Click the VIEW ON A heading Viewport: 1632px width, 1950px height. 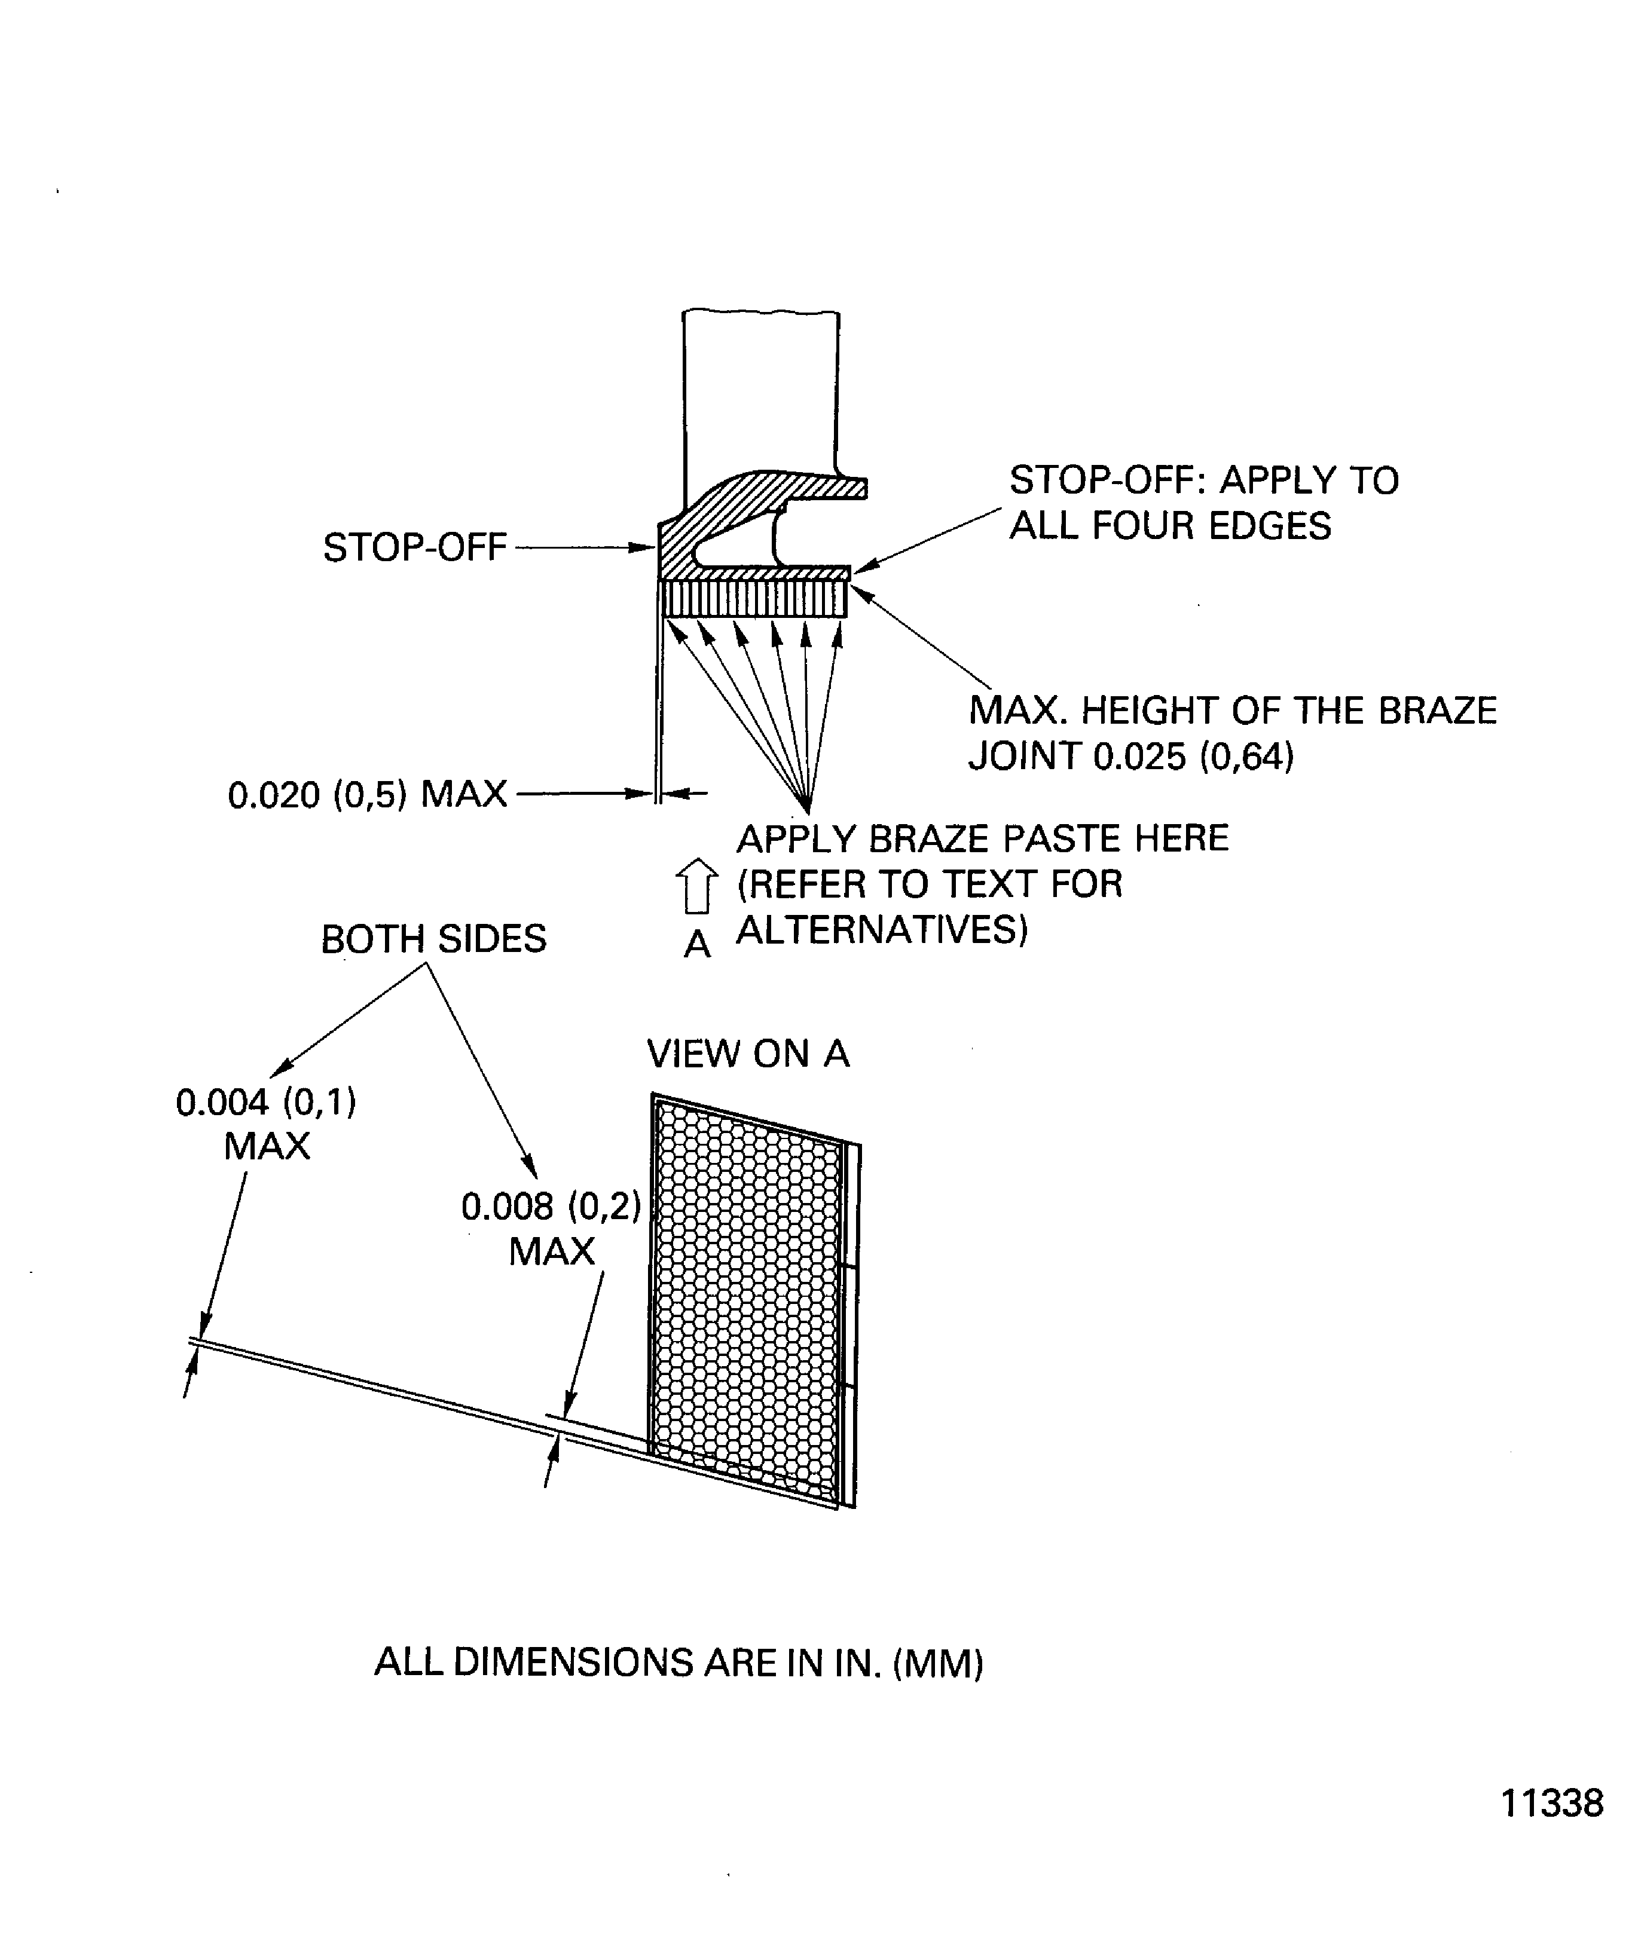coord(748,1054)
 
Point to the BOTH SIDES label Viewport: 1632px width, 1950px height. coord(434,939)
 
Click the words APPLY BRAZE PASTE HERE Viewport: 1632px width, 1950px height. coord(982,838)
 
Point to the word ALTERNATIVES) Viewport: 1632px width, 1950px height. coord(882,929)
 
